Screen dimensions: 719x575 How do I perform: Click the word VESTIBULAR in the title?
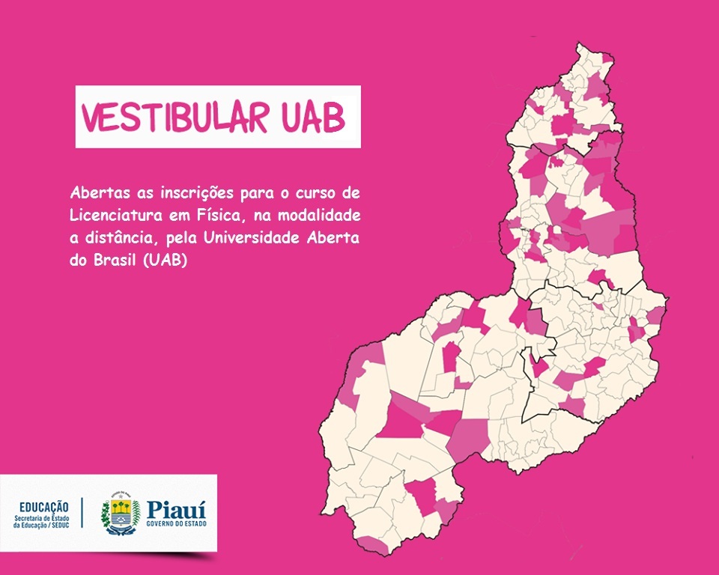point(175,118)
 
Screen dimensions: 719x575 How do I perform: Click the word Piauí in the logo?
point(176,509)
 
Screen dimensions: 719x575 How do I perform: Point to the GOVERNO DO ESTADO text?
point(176,523)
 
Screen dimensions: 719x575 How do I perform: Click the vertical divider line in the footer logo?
point(82,513)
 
